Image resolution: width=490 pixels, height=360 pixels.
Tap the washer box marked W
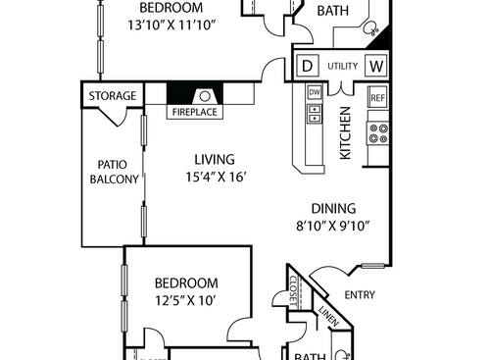tap(375, 67)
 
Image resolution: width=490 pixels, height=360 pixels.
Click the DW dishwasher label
tap(315, 92)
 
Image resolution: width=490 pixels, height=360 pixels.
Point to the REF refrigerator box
tap(377, 97)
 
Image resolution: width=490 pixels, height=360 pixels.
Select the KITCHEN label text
tap(346, 133)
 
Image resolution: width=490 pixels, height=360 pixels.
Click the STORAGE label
tap(113, 96)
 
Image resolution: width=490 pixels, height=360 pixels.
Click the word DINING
tap(333, 208)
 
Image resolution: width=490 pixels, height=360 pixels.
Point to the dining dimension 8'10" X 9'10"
tap(333, 225)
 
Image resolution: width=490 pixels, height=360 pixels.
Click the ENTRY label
tap(359, 294)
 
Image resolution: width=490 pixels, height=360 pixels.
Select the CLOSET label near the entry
tap(295, 289)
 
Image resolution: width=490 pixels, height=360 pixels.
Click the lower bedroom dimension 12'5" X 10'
tap(185, 301)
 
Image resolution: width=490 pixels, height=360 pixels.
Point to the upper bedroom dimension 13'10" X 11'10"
tap(172, 24)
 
